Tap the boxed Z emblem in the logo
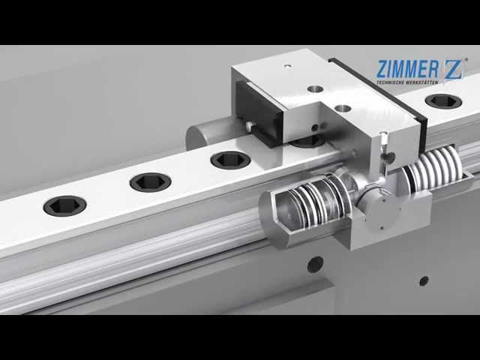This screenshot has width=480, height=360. [x=453, y=69]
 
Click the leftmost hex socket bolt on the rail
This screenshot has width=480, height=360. [x=64, y=205]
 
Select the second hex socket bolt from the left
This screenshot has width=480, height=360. [x=150, y=181]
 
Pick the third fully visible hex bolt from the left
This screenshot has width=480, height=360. [x=230, y=160]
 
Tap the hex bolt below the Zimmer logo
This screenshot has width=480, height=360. [x=443, y=100]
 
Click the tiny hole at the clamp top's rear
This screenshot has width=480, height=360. [x=286, y=67]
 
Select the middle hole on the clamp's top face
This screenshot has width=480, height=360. [x=316, y=88]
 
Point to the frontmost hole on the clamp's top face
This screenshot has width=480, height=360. [x=343, y=108]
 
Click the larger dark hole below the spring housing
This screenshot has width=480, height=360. [x=315, y=264]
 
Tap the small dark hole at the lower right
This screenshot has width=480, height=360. [x=424, y=280]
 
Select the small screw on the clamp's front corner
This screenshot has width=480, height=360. [x=383, y=139]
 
